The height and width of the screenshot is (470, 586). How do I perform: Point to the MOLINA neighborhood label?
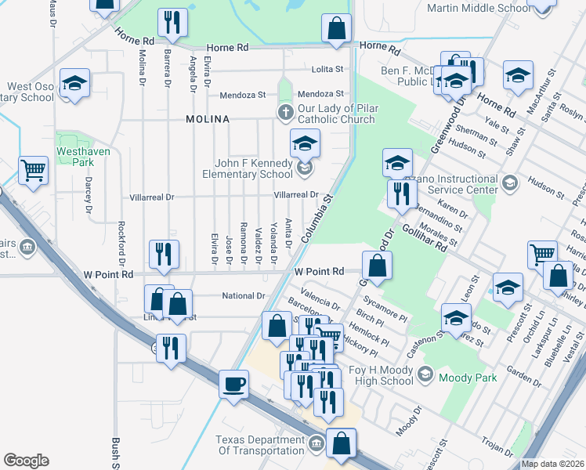208,119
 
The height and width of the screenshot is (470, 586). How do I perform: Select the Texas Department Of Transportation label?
259,445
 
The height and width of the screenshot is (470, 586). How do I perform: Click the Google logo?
26,461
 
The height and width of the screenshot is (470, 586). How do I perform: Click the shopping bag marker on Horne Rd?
336,30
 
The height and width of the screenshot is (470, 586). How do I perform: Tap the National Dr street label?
244,296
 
